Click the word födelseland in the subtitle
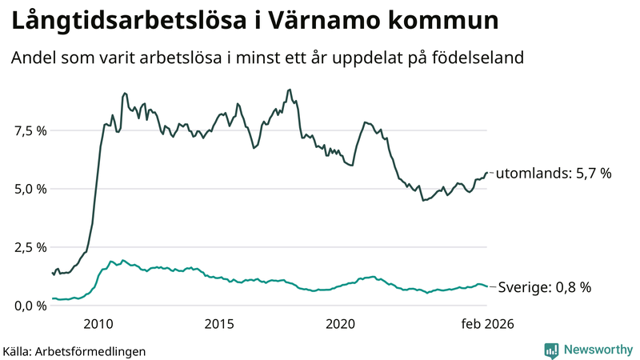(483, 58)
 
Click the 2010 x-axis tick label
(98, 324)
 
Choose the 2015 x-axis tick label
(219, 324)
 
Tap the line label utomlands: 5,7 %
(554, 173)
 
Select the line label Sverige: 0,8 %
(545, 287)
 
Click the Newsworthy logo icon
(551, 350)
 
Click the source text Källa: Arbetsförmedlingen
(74, 350)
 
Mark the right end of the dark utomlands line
(487, 173)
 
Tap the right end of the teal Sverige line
(487, 286)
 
